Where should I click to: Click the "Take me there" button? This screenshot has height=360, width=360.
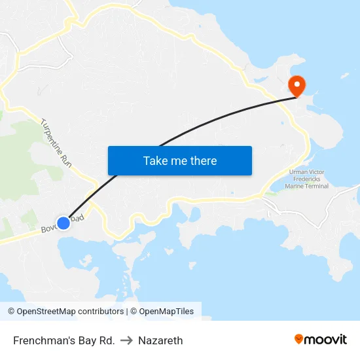180,160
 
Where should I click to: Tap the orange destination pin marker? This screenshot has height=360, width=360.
297,85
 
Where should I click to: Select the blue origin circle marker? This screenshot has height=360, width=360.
63,223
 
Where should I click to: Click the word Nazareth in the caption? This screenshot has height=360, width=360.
160,340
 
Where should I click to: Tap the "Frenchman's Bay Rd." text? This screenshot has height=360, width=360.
64,340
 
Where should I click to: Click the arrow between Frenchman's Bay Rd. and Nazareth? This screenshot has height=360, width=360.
126,340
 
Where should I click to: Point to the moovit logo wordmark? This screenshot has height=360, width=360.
326,340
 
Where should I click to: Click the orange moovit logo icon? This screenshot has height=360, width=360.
299,339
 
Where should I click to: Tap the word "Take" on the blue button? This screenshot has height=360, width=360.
155,160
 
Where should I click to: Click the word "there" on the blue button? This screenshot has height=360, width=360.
204,160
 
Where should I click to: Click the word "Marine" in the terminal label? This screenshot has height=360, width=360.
295,186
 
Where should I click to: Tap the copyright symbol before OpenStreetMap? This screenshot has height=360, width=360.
11,312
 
